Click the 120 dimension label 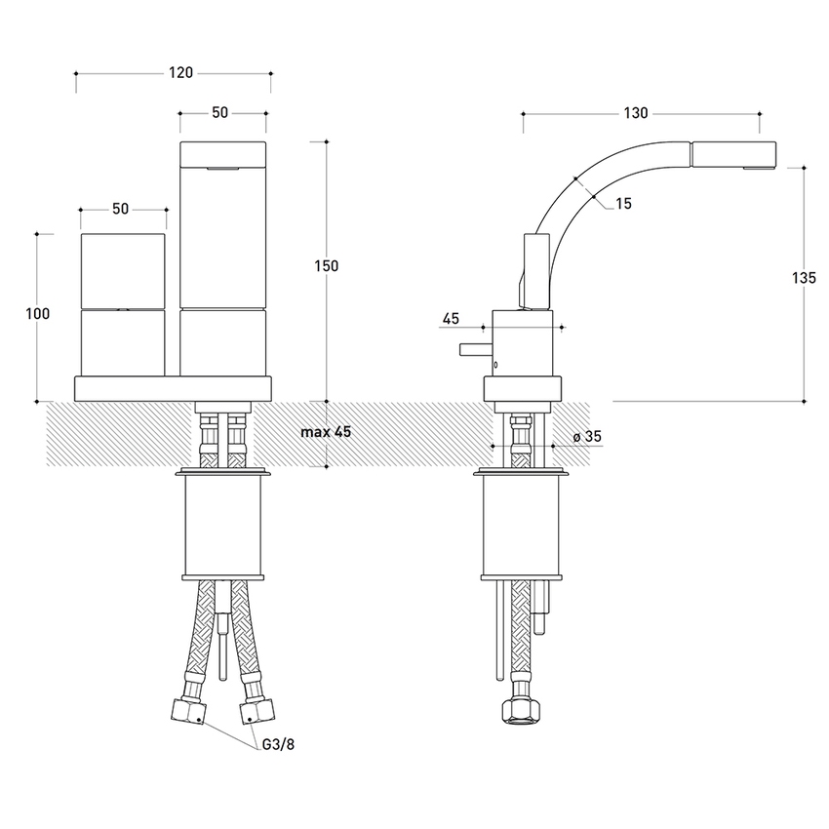(x=181, y=72)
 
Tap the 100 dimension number (x=38, y=314)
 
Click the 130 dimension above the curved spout (x=635, y=113)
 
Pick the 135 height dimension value (x=805, y=278)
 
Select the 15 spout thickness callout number (x=624, y=204)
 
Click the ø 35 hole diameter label (x=588, y=438)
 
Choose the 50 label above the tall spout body (x=219, y=113)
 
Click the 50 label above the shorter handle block (x=121, y=209)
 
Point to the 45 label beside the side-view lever (x=451, y=319)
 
